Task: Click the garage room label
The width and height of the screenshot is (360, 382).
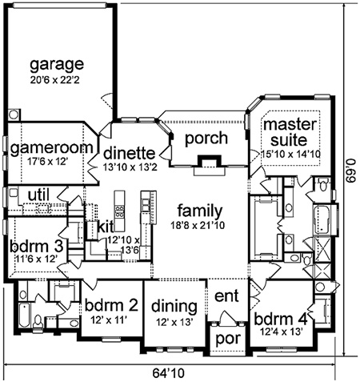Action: [57, 65]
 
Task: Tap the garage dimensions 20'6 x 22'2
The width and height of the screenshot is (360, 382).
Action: [54, 80]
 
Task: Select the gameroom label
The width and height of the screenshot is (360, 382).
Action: [51, 148]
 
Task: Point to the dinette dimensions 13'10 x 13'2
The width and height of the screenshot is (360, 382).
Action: [130, 167]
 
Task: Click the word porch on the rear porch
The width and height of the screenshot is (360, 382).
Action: [206, 139]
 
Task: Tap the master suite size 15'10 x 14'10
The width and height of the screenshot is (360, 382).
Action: [291, 155]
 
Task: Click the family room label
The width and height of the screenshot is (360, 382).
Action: [200, 211]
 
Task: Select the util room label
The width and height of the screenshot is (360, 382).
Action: [38, 195]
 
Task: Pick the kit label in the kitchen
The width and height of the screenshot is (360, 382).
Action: [106, 227]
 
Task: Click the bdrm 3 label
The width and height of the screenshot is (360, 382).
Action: [37, 246]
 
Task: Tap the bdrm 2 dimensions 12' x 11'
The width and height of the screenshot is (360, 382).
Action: [108, 320]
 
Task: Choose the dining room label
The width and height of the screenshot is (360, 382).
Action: [174, 308]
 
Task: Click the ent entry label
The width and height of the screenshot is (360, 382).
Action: [226, 296]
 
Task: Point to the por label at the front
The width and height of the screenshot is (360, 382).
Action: [228, 340]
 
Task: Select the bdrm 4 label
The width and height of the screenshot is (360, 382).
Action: [281, 319]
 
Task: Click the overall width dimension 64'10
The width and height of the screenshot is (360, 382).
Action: [168, 373]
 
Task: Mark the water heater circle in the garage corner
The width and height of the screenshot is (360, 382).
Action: [14, 115]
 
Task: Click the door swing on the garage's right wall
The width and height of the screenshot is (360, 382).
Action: [107, 101]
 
